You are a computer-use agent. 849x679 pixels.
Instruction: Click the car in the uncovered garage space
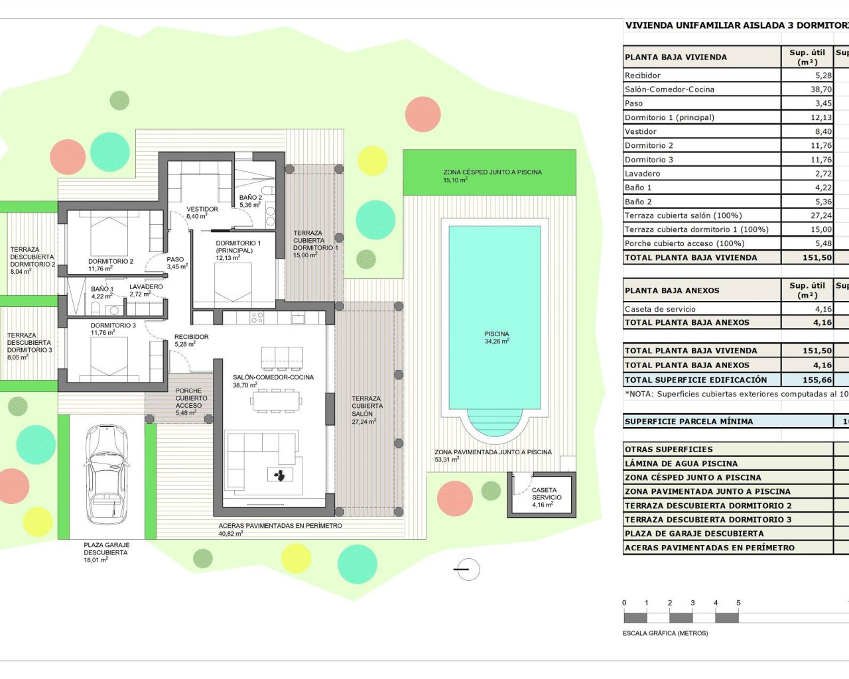[x=107, y=475]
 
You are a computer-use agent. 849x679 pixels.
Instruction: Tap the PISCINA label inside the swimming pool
[x=496, y=334]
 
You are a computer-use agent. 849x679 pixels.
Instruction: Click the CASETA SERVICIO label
[x=546, y=494]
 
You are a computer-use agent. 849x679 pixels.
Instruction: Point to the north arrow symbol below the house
[x=468, y=569]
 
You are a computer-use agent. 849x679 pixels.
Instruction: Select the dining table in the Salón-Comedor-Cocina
[x=275, y=400]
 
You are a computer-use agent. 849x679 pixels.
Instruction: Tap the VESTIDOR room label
[x=202, y=209]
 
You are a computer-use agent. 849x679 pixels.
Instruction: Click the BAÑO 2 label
[x=250, y=198]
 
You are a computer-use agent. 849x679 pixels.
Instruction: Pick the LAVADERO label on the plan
[x=146, y=287]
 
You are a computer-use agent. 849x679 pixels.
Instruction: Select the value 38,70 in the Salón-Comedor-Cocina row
[x=820, y=90]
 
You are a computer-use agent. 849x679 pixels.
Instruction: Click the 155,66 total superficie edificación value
[x=816, y=380]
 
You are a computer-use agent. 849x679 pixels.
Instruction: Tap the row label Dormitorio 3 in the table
[x=649, y=160]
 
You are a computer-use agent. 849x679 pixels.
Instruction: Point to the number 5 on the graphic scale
[x=738, y=603]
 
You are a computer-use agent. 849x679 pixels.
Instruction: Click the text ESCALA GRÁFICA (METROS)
[x=665, y=633]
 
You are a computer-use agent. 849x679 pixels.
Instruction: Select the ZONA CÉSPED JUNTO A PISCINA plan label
[x=492, y=172]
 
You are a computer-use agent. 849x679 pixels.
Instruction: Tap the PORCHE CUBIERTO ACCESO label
[x=191, y=399]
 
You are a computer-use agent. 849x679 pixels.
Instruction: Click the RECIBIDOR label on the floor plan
[x=191, y=337]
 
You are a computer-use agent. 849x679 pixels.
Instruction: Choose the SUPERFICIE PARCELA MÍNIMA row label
[x=688, y=421]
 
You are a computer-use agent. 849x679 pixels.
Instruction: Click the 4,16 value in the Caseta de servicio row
[x=822, y=309]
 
